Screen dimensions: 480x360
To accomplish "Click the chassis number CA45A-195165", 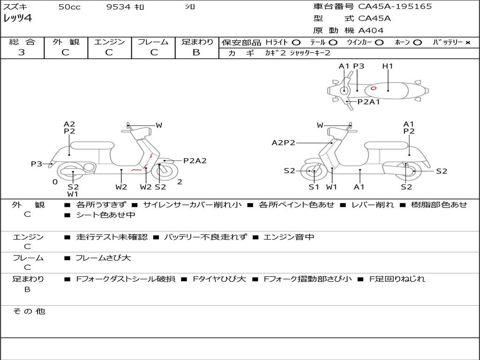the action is pyautogui.click(x=395, y=7).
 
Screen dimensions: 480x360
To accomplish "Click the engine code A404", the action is pyautogui.click(x=371, y=30).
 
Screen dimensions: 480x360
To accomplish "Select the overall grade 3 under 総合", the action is pyautogui.click(x=22, y=52).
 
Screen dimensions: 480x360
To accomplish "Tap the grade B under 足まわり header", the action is pyautogui.click(x=196, y=52).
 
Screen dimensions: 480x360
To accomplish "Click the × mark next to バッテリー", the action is pyautogui.click(x=468, y=43).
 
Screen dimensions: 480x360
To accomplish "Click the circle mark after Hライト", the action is pyautogui.click(x=296, y=43).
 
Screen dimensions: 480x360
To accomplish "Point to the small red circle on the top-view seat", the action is pyautogui.click(x=374, y=89).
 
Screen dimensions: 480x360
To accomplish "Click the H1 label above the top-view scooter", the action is pyautogui.click(x=388, y=66).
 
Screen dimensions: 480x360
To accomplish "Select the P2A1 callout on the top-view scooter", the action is pyautogui.click(x=369, y=102).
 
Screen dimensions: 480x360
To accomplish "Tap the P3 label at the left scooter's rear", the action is pyautogui.click(x=37, y=164).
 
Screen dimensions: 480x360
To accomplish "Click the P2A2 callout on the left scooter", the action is pyautogui.click(x=195, y=161).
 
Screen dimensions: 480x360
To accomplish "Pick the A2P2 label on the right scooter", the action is pyautogui.click(x=284, y=142).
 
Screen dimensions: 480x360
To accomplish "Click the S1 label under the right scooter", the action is pyautogui.click(x=314, y=187).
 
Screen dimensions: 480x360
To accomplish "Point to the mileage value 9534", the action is pyautogui.click(x=119, y=7).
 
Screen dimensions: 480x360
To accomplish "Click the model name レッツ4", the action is pyautogui.click(x=17, y=18).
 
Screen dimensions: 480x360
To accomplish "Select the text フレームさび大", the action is pyautogui.click(x=103, y=258).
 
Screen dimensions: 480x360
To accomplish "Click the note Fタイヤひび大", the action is pyautogui.click(x=219, y=279).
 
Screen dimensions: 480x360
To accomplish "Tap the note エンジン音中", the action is pyautogui.click(x=289, y=237).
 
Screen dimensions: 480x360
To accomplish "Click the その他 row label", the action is pyautogui.click(x=29, y=311).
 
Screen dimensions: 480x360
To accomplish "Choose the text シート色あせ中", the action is pyautogui.click(x=105, y=215).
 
